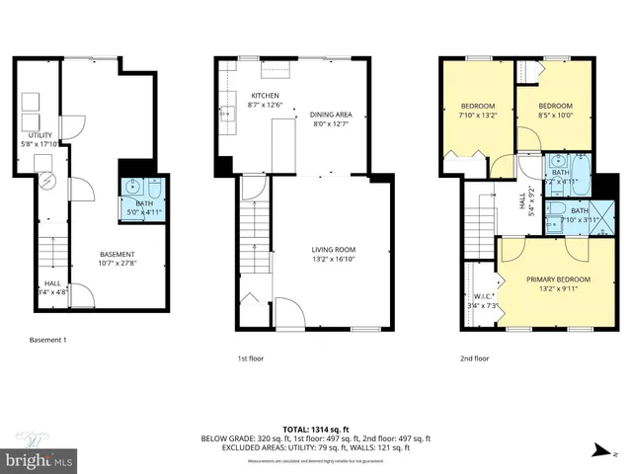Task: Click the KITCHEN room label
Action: point(252,95)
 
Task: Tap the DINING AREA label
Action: point(331,116)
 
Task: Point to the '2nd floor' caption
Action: point(474,358)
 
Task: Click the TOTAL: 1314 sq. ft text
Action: point(316,428)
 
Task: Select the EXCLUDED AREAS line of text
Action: point(316,446)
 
